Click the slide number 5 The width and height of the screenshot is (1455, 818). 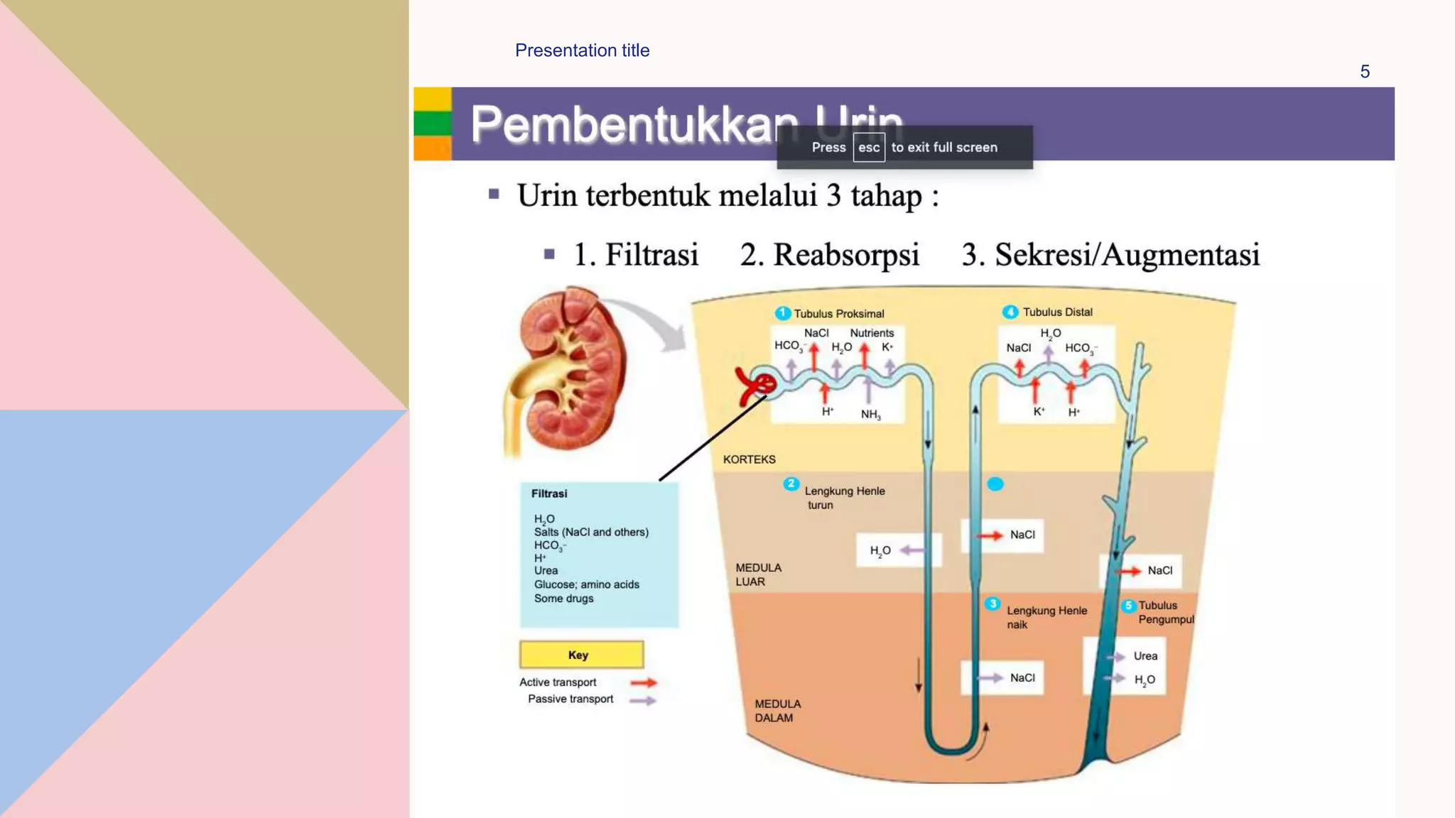[x=1364, y=72]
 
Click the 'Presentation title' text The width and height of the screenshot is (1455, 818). [x=582, y=50]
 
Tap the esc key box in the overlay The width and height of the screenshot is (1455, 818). [x=868, y=148]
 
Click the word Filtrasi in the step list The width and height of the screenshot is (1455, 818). [x=651, y=255]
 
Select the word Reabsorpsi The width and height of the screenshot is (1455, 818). [x=846, y=255]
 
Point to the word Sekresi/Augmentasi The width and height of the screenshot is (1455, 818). [x=1127, y=255]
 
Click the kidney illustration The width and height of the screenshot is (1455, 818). [x=568, y=369]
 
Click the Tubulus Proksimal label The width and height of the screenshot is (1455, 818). [x=838, y=314]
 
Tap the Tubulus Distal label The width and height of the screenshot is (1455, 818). [x=1057, y=312]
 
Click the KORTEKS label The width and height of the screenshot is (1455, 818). [x=749, y=459]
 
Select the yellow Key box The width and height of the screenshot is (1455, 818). [x=581, y=655]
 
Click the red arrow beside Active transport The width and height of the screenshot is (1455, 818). [x=644, y=683]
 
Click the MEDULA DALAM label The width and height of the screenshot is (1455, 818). [x=777, y=711]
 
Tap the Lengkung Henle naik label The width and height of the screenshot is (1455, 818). [x=1046, y=617]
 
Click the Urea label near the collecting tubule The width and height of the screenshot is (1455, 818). [x=1145, y=656]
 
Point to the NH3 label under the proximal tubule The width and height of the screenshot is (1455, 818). [x=870, y=415]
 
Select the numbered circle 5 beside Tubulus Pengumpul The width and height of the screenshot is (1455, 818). [x=1128, y=606]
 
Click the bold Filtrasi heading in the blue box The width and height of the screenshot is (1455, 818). [x=549, y=493]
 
